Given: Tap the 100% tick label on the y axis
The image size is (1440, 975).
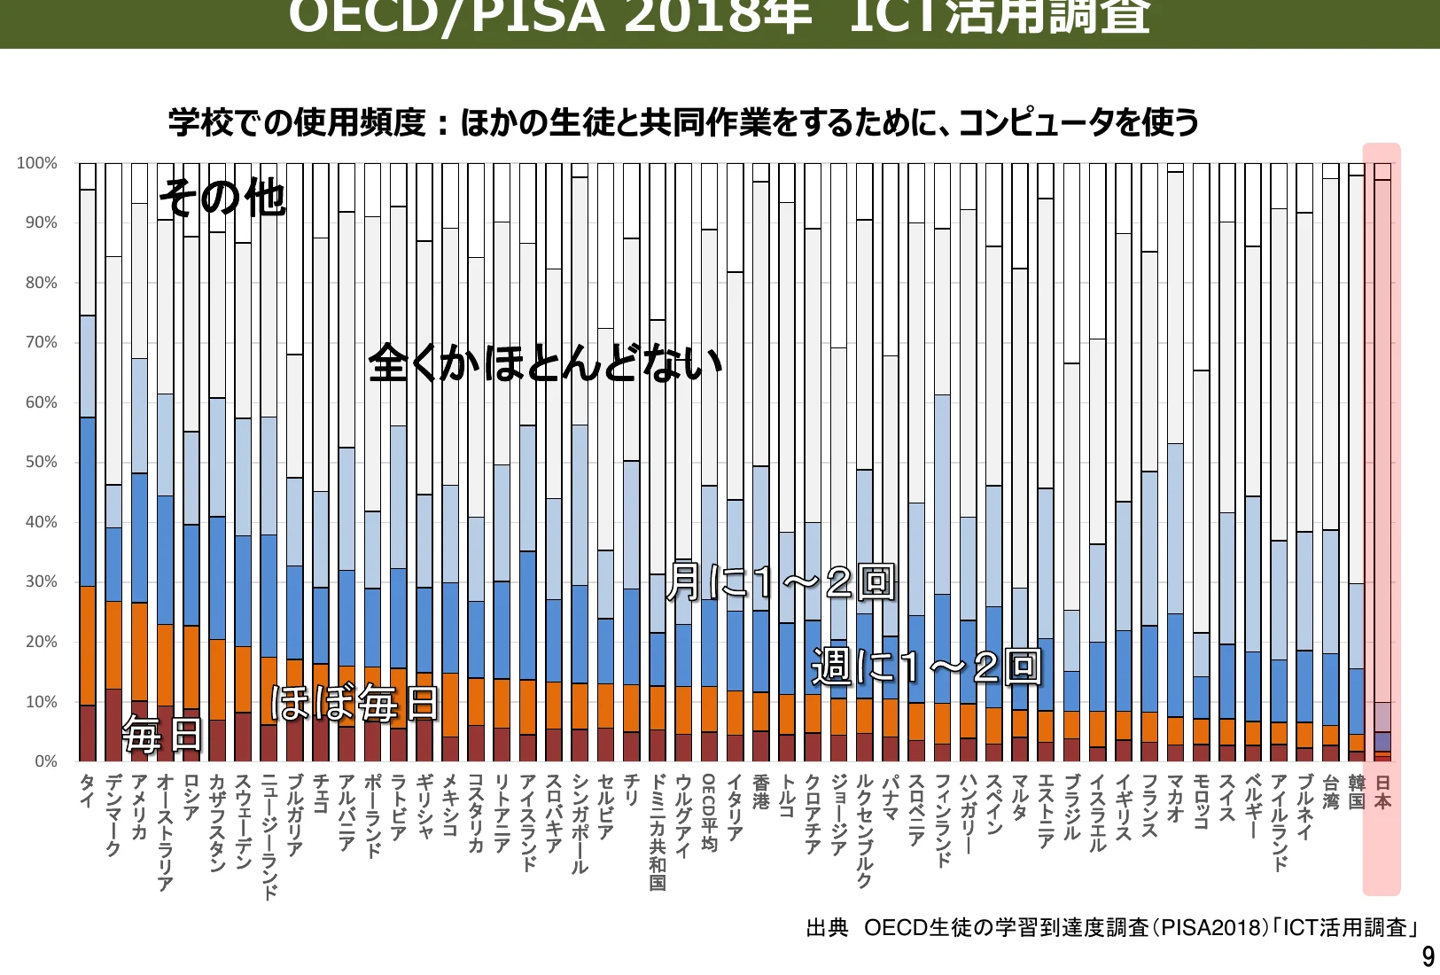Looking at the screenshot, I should pos(37,163).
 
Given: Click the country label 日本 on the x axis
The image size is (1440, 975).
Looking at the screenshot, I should pos(1382,792).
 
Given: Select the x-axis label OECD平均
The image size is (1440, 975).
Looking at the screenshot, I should pos(709,812).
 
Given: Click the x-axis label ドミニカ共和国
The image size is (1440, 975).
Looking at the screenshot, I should pos(657,832).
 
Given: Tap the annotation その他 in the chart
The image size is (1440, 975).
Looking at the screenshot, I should pos(222,197).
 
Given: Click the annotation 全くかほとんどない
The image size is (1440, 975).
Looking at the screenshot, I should pos(545,363).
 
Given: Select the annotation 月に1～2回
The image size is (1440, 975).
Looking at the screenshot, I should pos(780,581).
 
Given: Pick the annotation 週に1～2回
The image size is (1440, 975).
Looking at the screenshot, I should pos(925,667).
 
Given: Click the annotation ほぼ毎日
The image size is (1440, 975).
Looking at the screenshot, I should pos(354,703).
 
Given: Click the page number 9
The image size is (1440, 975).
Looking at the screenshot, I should pos(1427,957).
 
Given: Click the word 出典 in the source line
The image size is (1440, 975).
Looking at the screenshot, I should pos(827,928).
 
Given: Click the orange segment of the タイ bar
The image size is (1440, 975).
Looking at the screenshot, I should pos(87,645).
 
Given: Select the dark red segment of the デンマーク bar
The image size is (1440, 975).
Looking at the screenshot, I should pos(113,725).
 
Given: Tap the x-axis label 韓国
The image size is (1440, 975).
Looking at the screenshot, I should pos(1356,792).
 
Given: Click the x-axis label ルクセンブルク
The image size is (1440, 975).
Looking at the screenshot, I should pos(864,831).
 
